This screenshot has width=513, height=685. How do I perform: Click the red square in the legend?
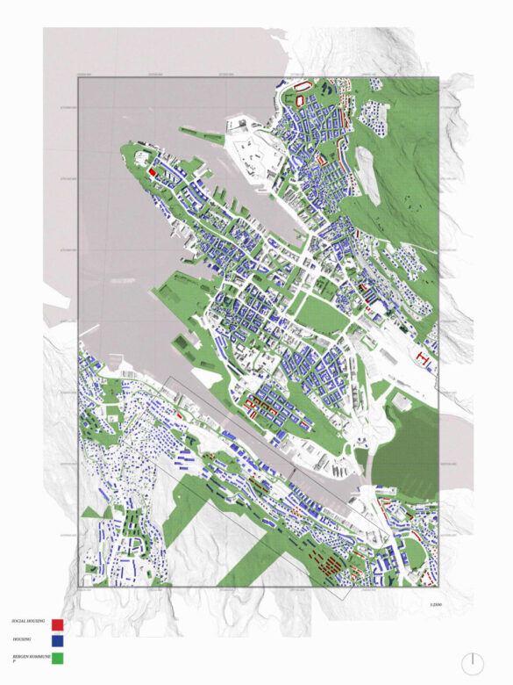57,625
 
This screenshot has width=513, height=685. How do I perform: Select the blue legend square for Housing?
57,642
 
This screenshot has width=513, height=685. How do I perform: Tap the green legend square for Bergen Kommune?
57,658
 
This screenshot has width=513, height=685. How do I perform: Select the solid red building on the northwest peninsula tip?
153,173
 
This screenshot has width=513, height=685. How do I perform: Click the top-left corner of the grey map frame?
79,78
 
